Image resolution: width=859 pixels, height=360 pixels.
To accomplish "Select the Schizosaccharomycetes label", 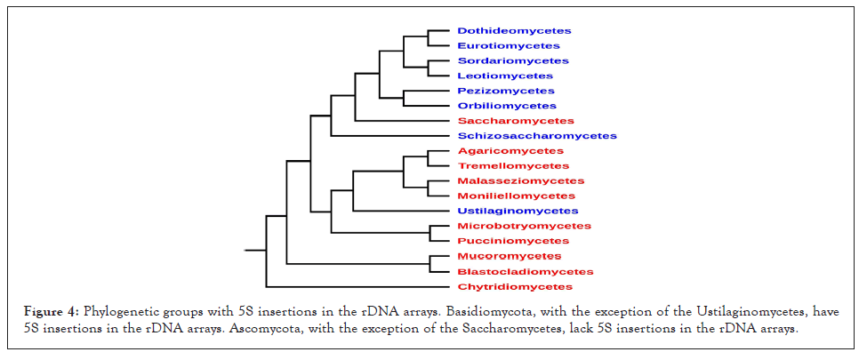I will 537,136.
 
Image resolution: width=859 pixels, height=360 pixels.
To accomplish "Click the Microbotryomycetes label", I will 525,226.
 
